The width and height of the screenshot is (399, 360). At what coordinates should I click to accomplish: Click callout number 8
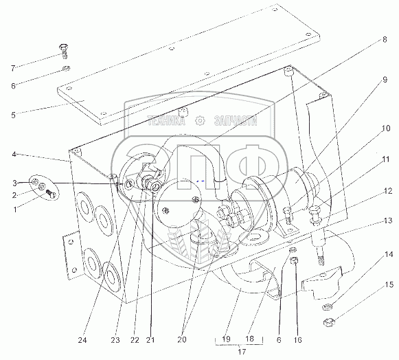(x=385, y=40)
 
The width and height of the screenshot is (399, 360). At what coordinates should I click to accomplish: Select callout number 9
(x=385, y=80)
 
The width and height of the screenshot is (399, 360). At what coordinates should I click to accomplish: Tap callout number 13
(x=388, y=221)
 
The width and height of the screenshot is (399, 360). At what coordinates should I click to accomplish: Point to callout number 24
(x=82, y=340)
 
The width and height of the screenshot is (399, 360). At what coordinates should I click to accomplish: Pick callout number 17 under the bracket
(x=242, y=352)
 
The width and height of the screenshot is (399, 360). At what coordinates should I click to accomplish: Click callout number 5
(x=13, y=115)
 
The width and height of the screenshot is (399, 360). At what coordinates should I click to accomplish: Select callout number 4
(x=14, y=155)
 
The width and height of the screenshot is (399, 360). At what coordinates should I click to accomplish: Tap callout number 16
(x=297, y=340)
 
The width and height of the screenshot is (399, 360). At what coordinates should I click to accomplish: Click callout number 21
(x=150, y=340)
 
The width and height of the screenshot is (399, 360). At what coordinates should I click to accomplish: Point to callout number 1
(x=15, y=210)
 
